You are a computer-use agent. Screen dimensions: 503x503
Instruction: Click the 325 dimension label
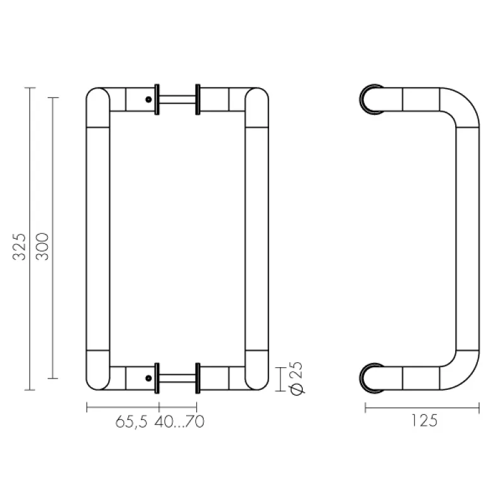click(x=19, y=246)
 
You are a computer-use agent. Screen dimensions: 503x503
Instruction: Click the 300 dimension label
click(x=42, y=246)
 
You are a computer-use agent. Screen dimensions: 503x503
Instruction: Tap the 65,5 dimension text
click(x=131, y=421)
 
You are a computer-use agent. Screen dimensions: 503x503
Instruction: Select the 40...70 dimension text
click(x=179, y=421)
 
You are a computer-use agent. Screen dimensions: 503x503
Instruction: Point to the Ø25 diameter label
click(x=297, y=379)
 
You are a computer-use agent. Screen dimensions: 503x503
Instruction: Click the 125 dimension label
click(x=424, y=421)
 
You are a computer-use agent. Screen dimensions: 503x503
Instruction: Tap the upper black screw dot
click(x=148, y=99)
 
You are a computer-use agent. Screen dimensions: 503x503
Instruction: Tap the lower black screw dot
click(x=148, y=379)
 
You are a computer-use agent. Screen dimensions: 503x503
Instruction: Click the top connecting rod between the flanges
click(x=177, y=99)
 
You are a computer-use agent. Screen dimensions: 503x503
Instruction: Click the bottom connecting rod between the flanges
click(x=177, y=379)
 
